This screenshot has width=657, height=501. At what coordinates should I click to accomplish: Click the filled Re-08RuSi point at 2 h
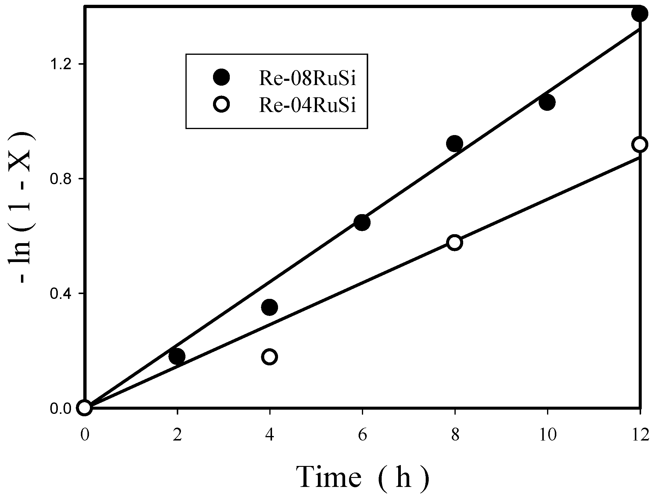(x=177, y=356)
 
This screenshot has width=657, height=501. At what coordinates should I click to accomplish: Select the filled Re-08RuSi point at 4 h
(x=269, y=307)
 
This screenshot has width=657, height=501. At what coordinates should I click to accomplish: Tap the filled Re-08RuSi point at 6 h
(x=362, y=223)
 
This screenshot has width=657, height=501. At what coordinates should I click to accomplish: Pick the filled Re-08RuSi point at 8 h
(x=454, y=144)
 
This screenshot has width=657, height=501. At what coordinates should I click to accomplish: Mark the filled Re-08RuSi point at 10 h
(x=547, y=102)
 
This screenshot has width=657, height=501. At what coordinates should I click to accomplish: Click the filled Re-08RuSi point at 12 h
(x=639, y=13)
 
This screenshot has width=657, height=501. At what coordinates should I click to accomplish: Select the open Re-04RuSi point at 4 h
(x=269, y=357)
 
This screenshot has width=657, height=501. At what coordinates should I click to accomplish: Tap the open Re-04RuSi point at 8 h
(x=454, y=242)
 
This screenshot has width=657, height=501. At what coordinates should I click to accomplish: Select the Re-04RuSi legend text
(x=307, y=106)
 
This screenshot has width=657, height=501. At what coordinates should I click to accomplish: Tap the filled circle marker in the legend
(x=221, y=77)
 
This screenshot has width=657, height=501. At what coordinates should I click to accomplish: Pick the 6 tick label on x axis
(x=362, y=435)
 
